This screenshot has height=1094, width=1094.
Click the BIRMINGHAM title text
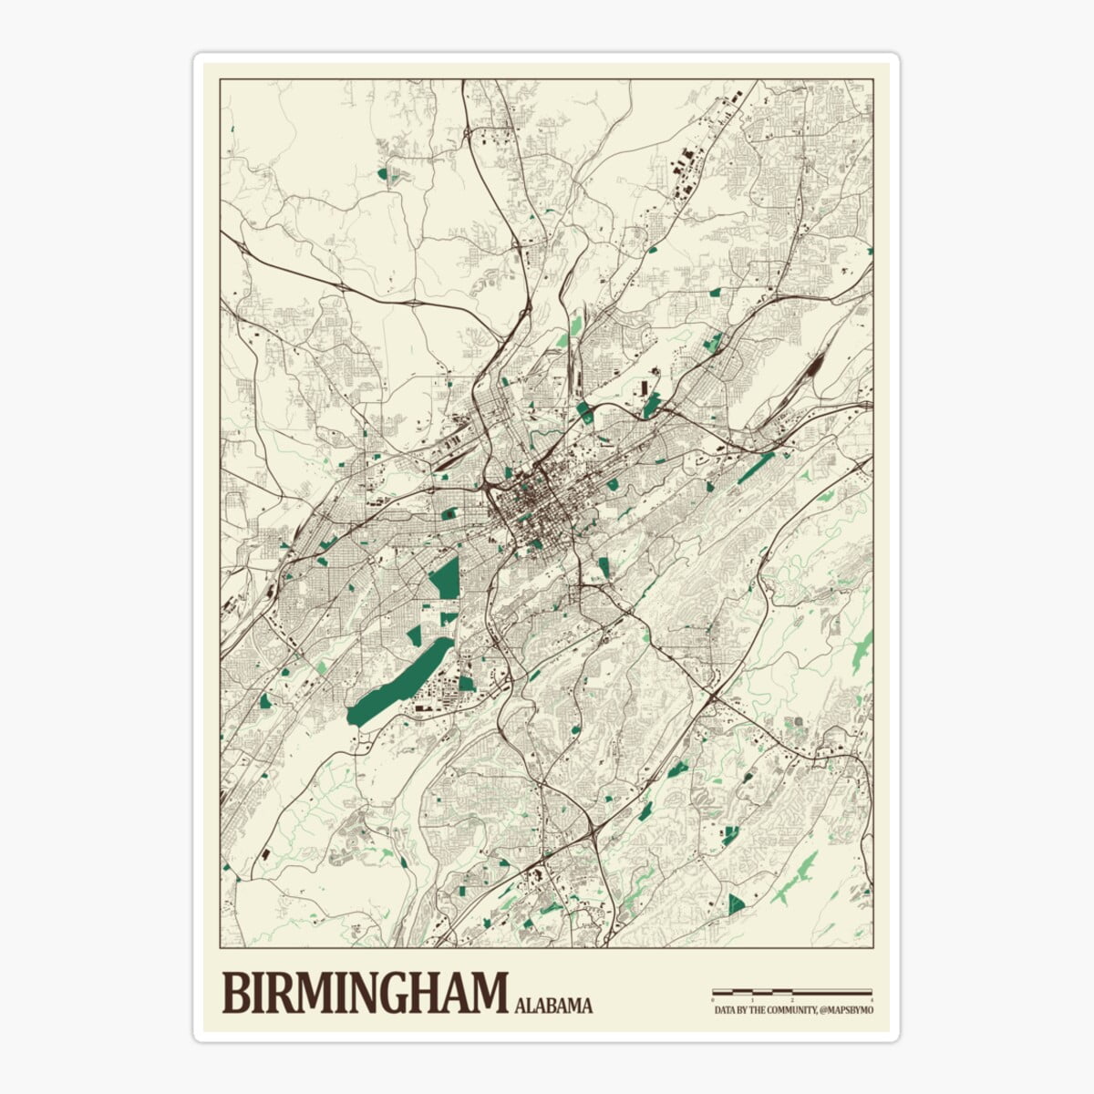click(x=365, y=993)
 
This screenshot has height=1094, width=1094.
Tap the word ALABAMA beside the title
click(x=553, y=1006)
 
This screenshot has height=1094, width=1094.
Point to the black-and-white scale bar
click(x=791, y=991)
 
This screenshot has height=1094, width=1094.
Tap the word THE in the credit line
click(x=757, y=1011)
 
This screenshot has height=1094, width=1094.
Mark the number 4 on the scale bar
click(x=872, y=1000)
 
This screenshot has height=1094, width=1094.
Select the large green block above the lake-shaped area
click(x=446, y=579)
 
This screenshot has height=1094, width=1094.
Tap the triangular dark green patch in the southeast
click(x=736, y=904)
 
